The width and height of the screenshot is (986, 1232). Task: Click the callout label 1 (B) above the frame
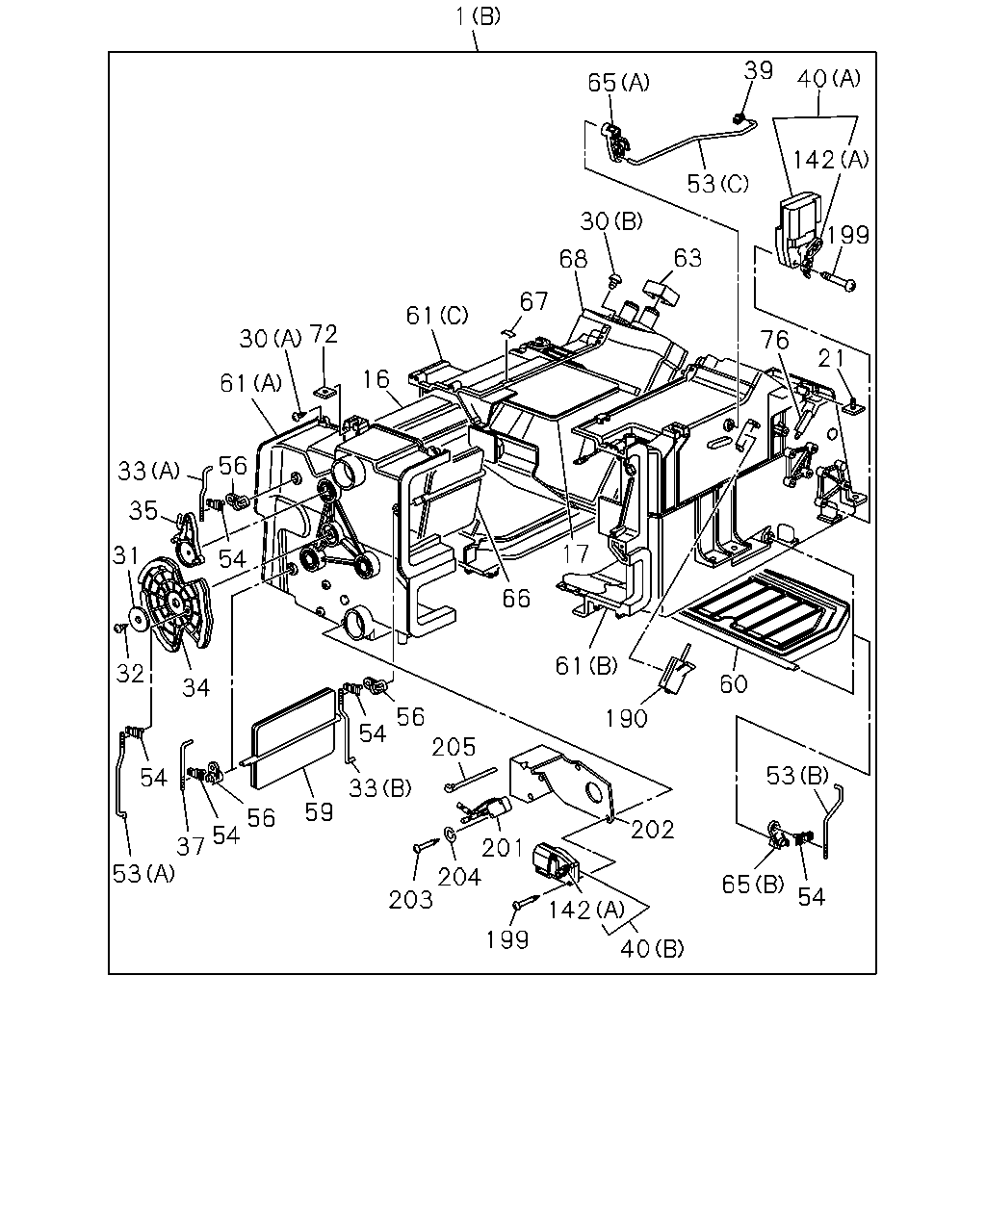coord(478,17)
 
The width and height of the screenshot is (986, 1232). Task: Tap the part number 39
coord(759,70)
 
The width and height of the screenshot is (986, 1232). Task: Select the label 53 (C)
coord(718,184)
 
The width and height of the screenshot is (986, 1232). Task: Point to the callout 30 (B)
coord(611,221)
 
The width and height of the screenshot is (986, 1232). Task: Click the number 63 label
coord(688,258)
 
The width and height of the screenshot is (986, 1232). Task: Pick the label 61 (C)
coord(437,315)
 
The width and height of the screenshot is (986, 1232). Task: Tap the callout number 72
coord(324,334)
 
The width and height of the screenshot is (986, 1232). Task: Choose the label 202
coord(653,830)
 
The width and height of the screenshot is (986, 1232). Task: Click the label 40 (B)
coord(652,949)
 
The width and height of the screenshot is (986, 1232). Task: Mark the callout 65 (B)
coord(753,885)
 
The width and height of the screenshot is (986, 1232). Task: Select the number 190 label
coord(627,718)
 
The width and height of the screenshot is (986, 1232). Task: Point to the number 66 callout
coord(516,599)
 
